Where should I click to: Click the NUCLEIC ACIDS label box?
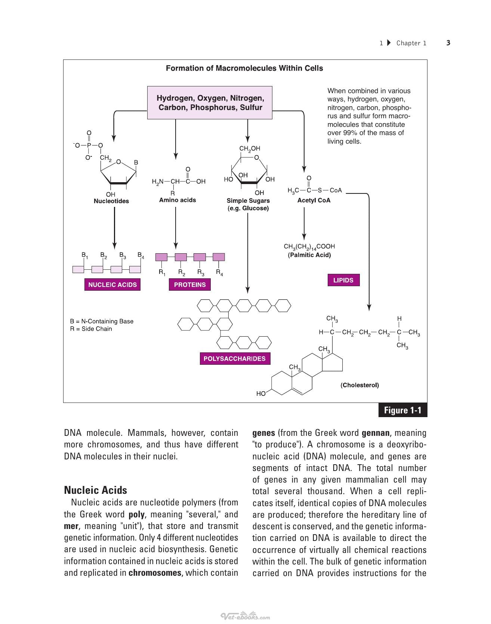pyautogui.click(x=112, y=285)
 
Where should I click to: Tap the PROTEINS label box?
pyautogui.click(x=190, y=285)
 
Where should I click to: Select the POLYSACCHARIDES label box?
pyautogui.click(x=235, y=358)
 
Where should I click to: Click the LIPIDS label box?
pyautogui.click(x=343, y=280)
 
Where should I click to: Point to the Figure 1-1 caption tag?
pyautogui.click(x=403, y=410)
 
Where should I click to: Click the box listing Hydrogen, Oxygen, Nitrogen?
pyautogui.click(x=210, y=103)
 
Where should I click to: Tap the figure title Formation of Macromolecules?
pyautogui.click(x=244, y=68)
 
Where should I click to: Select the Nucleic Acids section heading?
pyautogui.click(x=96, y=490)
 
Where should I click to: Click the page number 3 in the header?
pyautogui.click(x=448, y=43)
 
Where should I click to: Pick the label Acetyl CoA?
pyautogui.click(x=314, y=200)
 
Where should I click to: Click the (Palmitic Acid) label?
pyautogui.click(x=309, y=255)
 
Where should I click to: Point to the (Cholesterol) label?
pyautogui.click(x=359, y=385)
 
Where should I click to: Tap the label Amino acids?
pyautogui.click(x=177, y=200)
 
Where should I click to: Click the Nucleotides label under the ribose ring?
pyautogui.click(x=111, y=201)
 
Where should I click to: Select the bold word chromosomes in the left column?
pyautogui.click(x=155, y=573)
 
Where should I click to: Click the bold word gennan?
pyautogui.click(x=376, y=433)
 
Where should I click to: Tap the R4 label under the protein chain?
pyautogui.click(x=219, y=272)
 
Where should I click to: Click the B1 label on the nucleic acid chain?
pyautogui.click(x=85, y=255)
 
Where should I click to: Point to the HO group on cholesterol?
pyautogui.click(x=261, y=394)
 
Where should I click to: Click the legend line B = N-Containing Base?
pyautogui.click(x=102, y=321)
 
